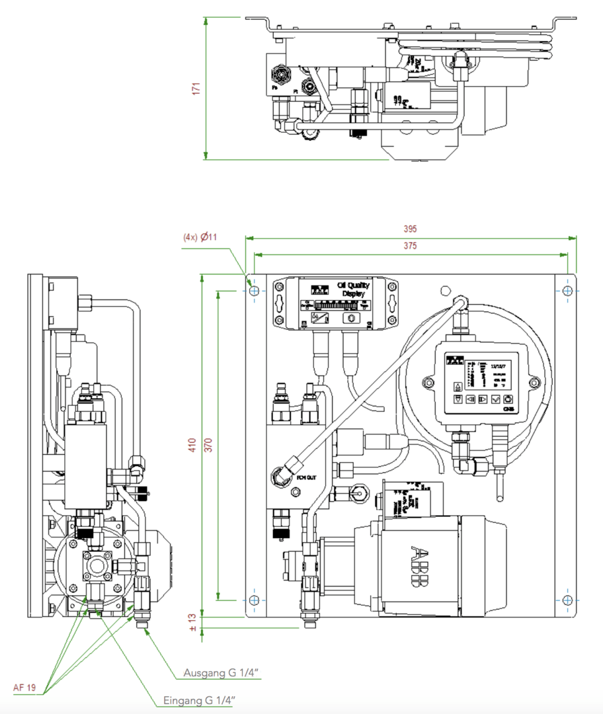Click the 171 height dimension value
click(196, 89)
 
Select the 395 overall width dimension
click(410, 229)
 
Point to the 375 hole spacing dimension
click(410, 245)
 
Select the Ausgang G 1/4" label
click(220, 673)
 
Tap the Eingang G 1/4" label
click(200, 701)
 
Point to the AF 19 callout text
click(24, 688)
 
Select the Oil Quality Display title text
click(354, 290)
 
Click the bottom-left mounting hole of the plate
click(254, 600)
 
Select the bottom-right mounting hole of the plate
click(567, 600)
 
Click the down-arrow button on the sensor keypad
click(457, 399)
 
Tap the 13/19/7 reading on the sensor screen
click(498, 364)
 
